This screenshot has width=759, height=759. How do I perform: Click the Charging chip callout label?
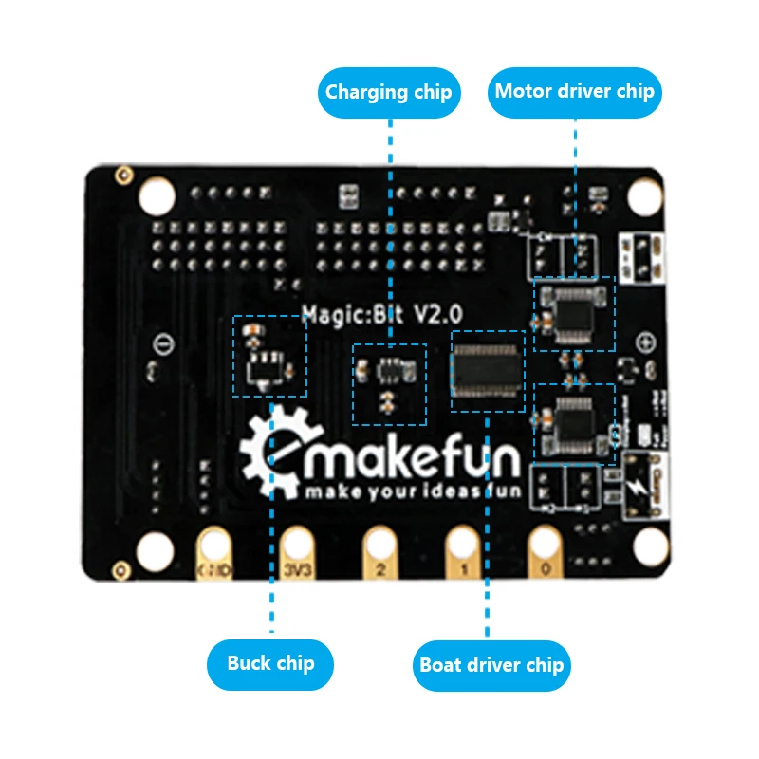[389, 93]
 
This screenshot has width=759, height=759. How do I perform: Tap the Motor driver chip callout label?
[575, 93]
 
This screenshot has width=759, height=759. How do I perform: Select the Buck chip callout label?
[271, 662]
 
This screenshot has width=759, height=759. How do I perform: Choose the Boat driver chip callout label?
[491, 664]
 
